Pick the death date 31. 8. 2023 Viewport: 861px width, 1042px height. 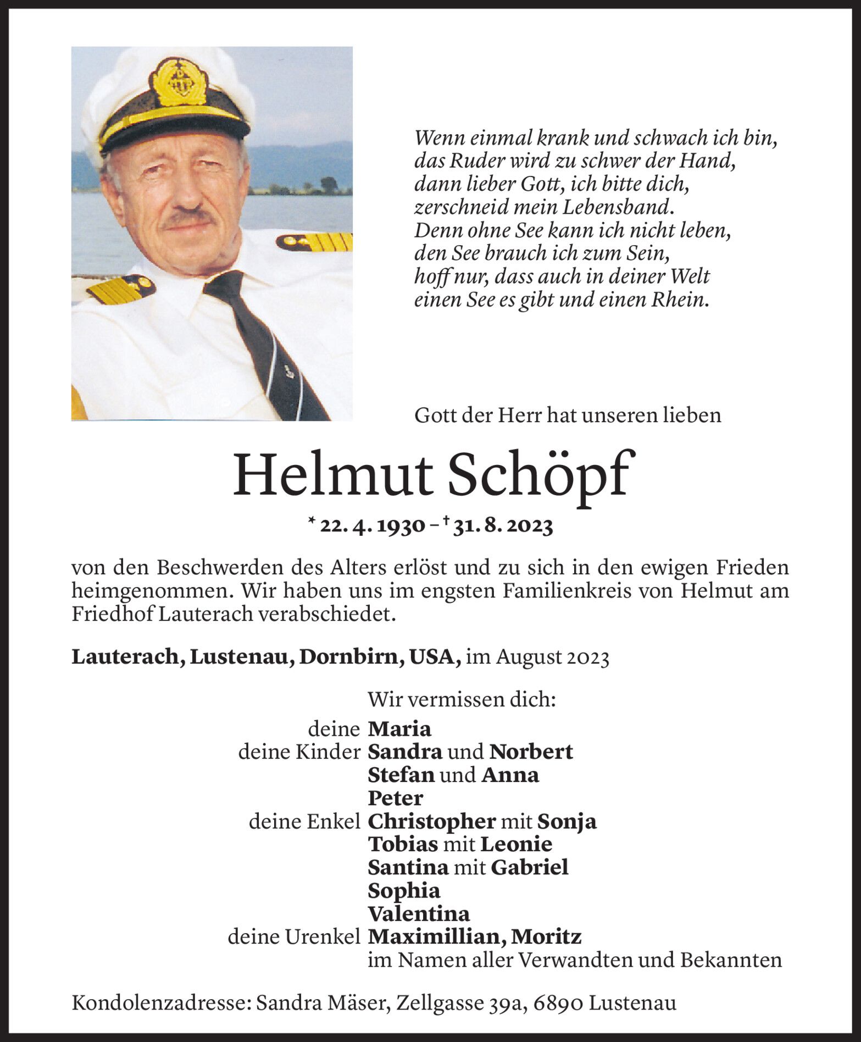point(503,526)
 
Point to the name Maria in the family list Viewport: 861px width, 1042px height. point(399,729)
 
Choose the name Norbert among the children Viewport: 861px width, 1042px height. point(531,752)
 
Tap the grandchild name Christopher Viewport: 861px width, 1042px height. point(431,822)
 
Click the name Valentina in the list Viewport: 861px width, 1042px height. point(419,914)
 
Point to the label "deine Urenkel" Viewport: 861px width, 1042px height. point(294,937)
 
